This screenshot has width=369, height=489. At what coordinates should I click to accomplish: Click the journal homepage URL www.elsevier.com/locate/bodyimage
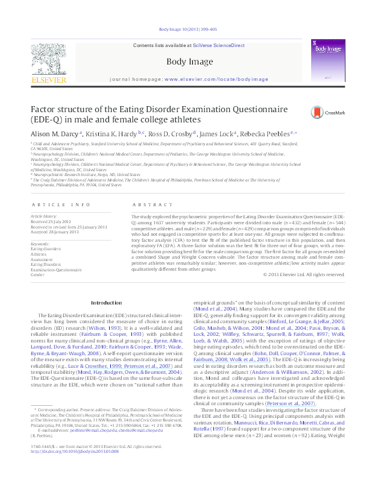tap(207, 79)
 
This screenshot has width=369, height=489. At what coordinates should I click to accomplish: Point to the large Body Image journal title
tap(184, 62)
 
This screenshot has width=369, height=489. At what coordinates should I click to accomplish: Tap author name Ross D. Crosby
tap(175, 133)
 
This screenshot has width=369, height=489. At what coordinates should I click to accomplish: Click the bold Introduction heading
tap(106, 302)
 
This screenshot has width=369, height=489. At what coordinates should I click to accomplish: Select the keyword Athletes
tap(40, 254)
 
